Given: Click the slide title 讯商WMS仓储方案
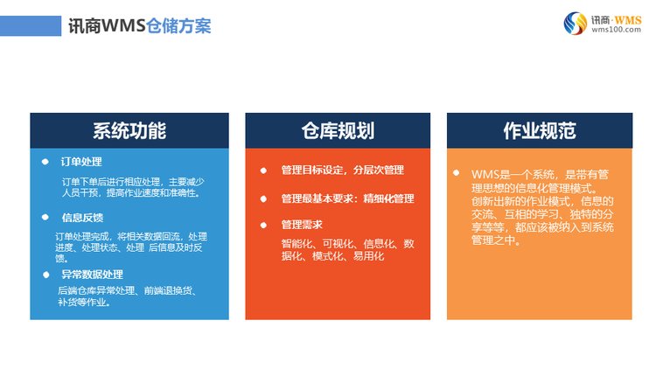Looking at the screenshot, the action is point(139,26).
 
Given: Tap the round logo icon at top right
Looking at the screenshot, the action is point(576,24).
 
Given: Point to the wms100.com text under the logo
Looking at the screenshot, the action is point(616,30).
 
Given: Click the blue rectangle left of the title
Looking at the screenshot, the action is point(31,26).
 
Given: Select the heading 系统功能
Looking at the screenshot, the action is point(129,131).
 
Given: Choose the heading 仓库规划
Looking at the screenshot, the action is point(338,131).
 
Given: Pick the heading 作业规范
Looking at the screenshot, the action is point(540,131).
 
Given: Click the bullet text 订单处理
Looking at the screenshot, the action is point(81,162).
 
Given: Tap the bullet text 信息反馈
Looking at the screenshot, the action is point(82,218).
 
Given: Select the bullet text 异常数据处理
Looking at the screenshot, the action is point(92,275).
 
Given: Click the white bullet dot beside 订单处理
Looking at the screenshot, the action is point(45,162).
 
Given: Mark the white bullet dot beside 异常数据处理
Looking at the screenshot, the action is point(45,275).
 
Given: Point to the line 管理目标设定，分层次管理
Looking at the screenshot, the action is point(343,170).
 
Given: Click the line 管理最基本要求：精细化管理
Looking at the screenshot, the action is point(347,198).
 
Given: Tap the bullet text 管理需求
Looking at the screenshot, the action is point(302,225).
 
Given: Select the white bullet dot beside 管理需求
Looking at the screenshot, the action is point(263,225).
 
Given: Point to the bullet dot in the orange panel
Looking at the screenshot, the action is point(456,173).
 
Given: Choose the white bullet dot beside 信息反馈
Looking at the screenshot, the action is point(45,217).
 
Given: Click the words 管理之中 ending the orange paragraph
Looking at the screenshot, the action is point(492,240).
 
